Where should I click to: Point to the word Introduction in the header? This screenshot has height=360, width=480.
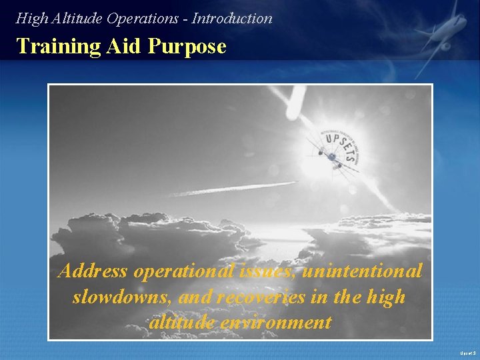point(232,19)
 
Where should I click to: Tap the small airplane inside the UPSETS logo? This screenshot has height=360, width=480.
point(331,157)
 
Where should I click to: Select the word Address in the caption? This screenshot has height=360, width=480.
point(93,271)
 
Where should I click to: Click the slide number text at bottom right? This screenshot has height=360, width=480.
point(466,352)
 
